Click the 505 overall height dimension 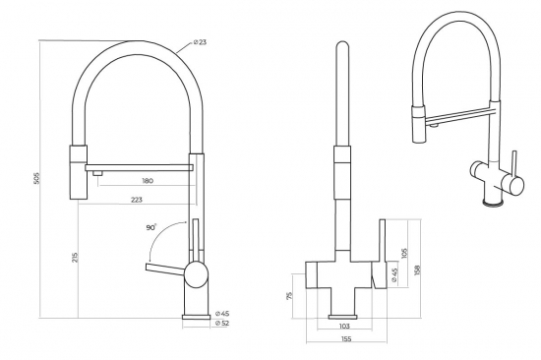(36, 180)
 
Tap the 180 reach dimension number (148, 181)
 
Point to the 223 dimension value (136, 200)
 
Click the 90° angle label (150, 227)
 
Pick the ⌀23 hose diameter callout (200, 42)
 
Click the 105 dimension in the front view (405, 257)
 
